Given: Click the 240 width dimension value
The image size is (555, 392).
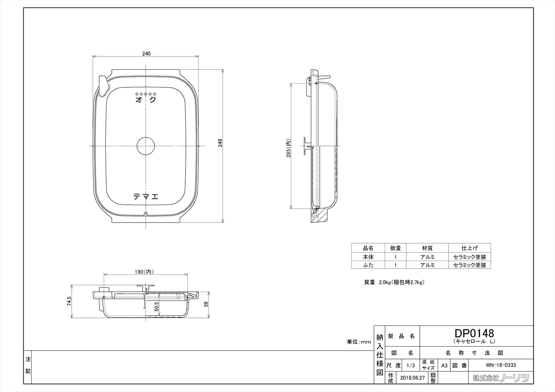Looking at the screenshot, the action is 146,53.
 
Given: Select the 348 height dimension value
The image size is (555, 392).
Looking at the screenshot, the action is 220,143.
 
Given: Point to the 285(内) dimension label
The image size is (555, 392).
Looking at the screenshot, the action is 288,148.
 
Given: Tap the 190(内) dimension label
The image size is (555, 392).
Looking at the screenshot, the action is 144,272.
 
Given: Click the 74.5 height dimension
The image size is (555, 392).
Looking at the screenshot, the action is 69,301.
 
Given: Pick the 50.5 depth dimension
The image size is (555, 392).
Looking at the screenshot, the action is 156,306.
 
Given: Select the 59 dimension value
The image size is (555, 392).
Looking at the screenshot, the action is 206,304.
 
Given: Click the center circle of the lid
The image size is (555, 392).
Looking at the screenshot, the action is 146,146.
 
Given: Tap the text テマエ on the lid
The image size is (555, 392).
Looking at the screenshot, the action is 146,197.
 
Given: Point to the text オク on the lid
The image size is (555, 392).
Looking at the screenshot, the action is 146,99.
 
